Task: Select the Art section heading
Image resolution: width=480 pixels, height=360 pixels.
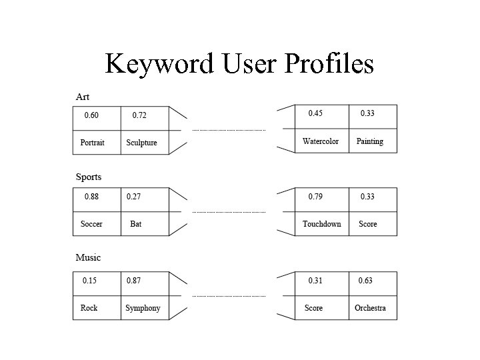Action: [x=82, y=97]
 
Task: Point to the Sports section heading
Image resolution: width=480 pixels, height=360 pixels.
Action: [x=88, y=177]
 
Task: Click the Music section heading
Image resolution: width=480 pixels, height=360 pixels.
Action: [x=88, y=258]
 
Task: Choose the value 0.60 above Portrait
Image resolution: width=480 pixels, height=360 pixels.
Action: [x=91, y=115]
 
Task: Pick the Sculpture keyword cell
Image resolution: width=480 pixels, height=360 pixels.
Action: [x=141, y=143]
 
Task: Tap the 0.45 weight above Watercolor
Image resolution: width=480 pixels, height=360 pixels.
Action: [x=315, y=113]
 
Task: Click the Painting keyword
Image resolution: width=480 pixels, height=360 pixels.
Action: [x=369, y=141]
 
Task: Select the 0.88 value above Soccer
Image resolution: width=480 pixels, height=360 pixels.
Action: [x=91, y=197]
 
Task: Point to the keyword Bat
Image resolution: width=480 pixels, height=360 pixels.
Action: [x=136, y=224]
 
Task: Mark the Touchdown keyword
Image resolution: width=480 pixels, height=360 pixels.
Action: [x=321, y=224]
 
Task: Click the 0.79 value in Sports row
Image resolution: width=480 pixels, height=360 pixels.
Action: [x=315, y=197]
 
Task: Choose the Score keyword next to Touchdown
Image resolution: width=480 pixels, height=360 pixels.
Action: [x=368, y=224]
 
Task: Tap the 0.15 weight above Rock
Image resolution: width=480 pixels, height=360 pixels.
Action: [x=89, y=281]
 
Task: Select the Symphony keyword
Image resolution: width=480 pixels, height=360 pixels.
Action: [x=143, y=308]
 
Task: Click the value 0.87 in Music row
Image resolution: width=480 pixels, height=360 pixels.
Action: [x=134, y=281]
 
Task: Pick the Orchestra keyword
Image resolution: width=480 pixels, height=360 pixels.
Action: [x=370, y=308]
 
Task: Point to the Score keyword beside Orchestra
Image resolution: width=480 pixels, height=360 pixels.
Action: [x=313, y=308]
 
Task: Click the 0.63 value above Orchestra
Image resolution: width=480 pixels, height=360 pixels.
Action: [x=365, y=281]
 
